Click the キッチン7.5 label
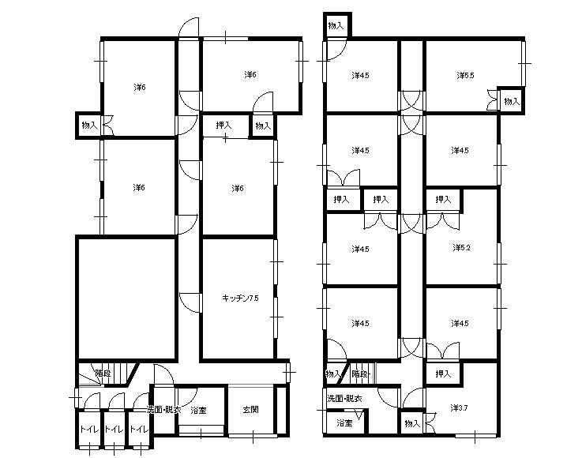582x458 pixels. pos(240,298)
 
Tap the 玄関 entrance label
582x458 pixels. pos(250,410)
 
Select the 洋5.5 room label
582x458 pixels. pos(465,75)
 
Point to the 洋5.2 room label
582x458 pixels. pos(461,248)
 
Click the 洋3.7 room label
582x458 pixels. pos(459,408)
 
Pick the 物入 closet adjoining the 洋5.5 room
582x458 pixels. pos(512,101)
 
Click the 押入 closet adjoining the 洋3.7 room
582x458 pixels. pos(443,374)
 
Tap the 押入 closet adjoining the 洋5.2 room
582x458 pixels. pos(443,200)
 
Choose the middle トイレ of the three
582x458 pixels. pos(114,430)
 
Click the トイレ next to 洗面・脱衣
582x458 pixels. pos(139,430)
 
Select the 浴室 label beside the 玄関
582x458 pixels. pos(198,411)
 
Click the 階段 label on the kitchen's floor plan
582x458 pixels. pos(103,374)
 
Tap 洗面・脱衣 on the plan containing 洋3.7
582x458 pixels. pos(344,399)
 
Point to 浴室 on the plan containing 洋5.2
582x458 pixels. pos(344,422)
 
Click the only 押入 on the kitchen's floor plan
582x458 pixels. pos(223,126)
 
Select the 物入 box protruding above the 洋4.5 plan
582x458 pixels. pos(336,25)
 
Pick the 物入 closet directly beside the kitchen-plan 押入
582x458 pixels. pos(263,126)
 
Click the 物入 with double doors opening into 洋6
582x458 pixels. pos(89,126)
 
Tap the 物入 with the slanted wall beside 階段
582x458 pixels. pos(333,374)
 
